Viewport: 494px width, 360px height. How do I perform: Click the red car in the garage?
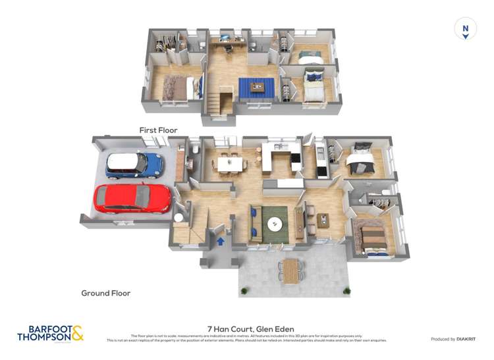pyautogui.click(x=132, y=198)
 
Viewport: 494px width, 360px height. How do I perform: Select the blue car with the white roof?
pyautogui.click(x=134, y=165)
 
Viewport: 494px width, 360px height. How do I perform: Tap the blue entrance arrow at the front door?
pyautogui.click(x=220, y=242)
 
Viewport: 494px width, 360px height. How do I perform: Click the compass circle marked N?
pyautogui.click(x=465, y=28)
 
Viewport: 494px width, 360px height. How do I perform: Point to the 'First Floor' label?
pyautogui.click(x=158, y=130)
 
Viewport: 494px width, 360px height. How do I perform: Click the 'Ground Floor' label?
pyautogui.click(x=105, y=293)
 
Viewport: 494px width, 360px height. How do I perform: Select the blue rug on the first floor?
pyautogui.click(x=256, y=86)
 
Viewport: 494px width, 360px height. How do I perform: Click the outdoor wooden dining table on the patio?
pyautogui.click(x=291, y=270)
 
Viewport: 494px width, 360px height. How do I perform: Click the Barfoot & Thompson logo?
pyautogui.click(x=51, y=333)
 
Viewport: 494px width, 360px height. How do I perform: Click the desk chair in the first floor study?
pyautogui.click(x=228, y=48)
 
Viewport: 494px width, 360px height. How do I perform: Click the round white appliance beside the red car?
pyautogui.click(x=178, y=217)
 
